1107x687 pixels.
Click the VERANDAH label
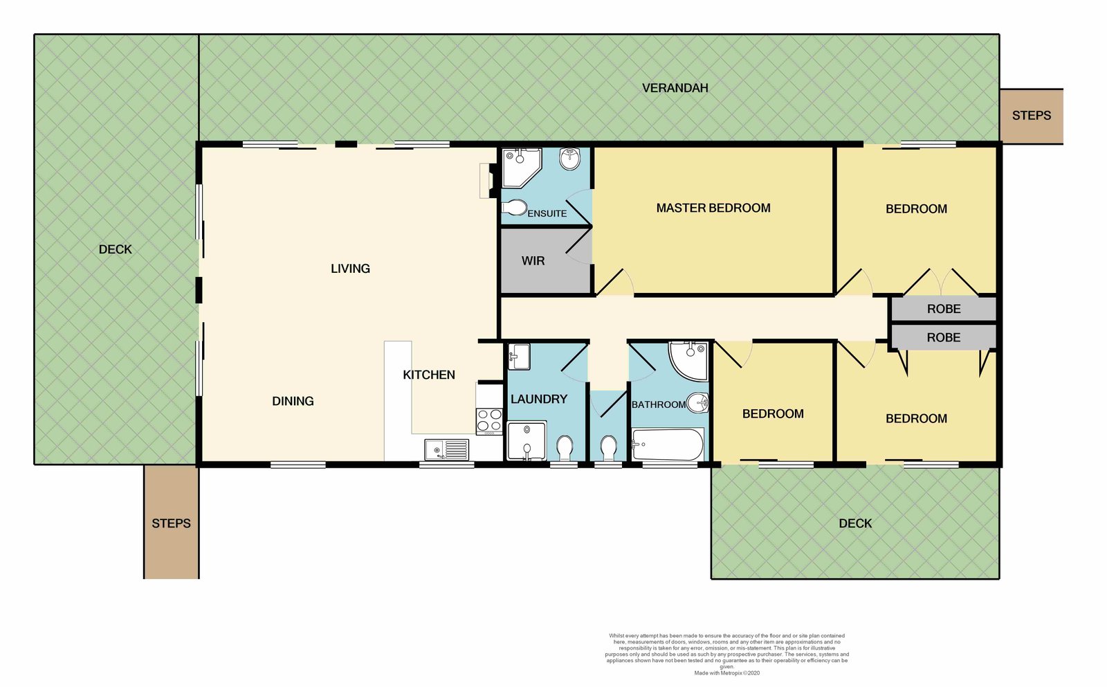click(x=675, y=88)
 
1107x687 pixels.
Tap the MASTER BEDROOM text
click(x=713, y=208)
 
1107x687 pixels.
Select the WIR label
click(x=533, y=260)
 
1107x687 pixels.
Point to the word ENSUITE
click(x=547, y=214)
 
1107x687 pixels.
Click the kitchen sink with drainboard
click(x=447, y=450)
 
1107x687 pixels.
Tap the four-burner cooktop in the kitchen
click(x=489, y=421)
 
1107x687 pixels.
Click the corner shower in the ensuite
click(x=522, y=168)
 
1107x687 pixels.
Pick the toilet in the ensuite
click(x=515, y=208)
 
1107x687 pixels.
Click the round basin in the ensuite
click(x=570, y=159)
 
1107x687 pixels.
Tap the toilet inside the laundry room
click(x=565, y=447)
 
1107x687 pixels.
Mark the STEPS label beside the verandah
click(x=1032, y=116)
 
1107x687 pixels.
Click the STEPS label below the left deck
click(x=171, y=524)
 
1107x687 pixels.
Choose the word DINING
click(x=293, y=401)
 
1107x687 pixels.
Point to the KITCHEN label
click(x=428, y=375)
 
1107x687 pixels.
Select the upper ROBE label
click(x=944, y=309)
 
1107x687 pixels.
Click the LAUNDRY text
click(x=539, y=399)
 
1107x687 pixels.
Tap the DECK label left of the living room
click(x=115, y=249)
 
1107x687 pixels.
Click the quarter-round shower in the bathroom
click(x=688, y=361)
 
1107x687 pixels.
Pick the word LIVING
click(x=350, y=269)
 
